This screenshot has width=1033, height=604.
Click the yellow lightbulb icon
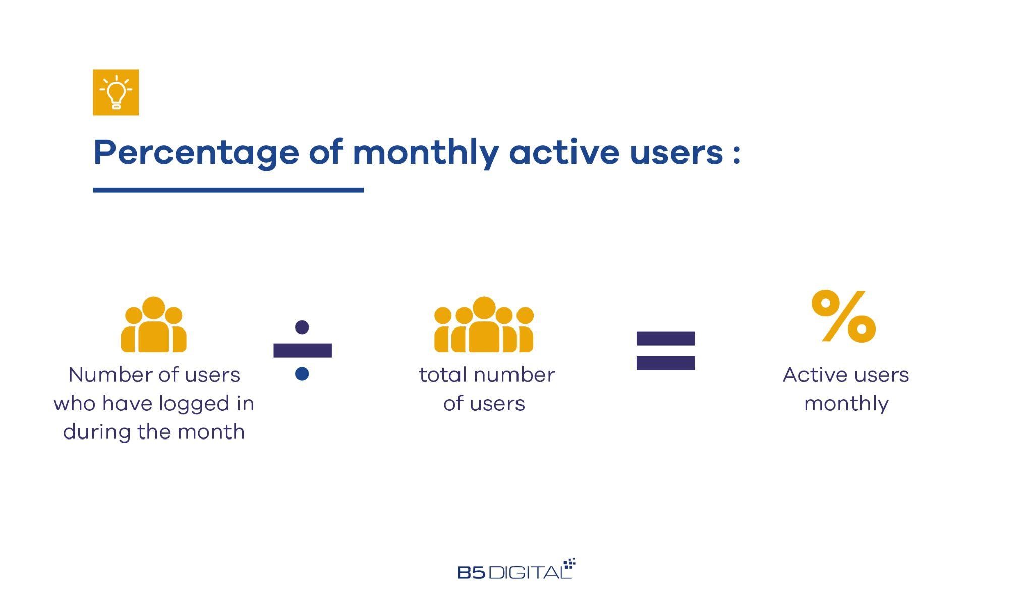tap(116, 92)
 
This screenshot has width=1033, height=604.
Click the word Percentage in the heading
tap(196, 153)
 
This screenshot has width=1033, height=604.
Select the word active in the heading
tap(564, 152)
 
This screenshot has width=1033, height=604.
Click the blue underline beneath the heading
tap(228, 190)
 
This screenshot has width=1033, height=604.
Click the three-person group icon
tap(153, 324)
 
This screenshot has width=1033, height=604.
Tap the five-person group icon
tap(484, 324)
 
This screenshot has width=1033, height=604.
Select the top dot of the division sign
tap(302, 327)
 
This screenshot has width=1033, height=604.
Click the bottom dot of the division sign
tap(302, 374)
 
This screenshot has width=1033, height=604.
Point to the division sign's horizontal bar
tap(303, 350)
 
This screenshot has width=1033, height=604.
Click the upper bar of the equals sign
tap(665, 338)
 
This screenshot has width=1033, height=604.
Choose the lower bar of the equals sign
tap(665, 363)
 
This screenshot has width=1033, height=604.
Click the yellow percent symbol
tap(843, 316)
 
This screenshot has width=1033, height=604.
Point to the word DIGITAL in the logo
tap(530, 572)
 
